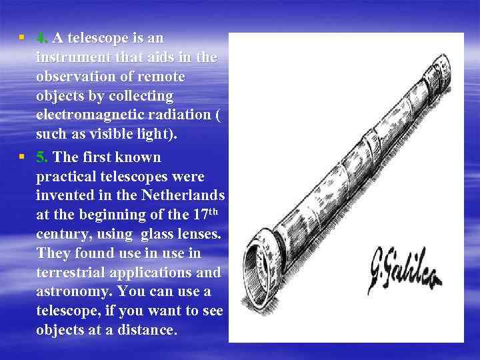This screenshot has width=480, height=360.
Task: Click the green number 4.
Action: coord(41,38)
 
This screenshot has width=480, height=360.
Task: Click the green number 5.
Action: coord(41,157)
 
